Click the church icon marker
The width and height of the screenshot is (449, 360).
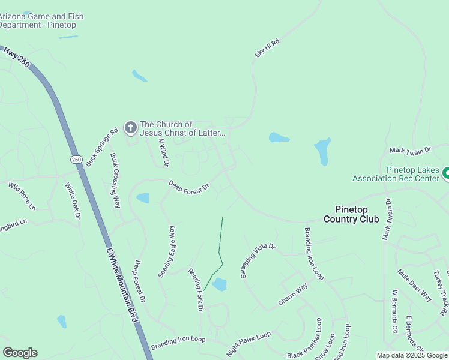click(130, 127)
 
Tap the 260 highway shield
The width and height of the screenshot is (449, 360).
click(76, 160)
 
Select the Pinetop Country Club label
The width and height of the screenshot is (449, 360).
click(351, 214)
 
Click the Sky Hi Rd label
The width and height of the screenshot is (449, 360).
click(268, 48)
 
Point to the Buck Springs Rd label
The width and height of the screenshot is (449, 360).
click(101, 147)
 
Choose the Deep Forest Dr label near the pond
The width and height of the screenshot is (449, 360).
click(188, 187)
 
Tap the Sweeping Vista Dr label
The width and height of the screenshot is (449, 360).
click(257, 260)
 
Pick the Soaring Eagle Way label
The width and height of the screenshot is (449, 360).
click(166, 251)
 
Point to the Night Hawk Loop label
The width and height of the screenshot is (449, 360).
click(248, 344)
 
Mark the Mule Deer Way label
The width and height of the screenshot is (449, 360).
click(414, 285)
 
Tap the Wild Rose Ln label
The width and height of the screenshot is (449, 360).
click(22, 196)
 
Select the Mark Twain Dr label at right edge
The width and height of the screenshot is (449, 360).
click(411, 149)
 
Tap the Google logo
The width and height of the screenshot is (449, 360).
click(20, 353)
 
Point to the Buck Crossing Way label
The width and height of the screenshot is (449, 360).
click(115, 181)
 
